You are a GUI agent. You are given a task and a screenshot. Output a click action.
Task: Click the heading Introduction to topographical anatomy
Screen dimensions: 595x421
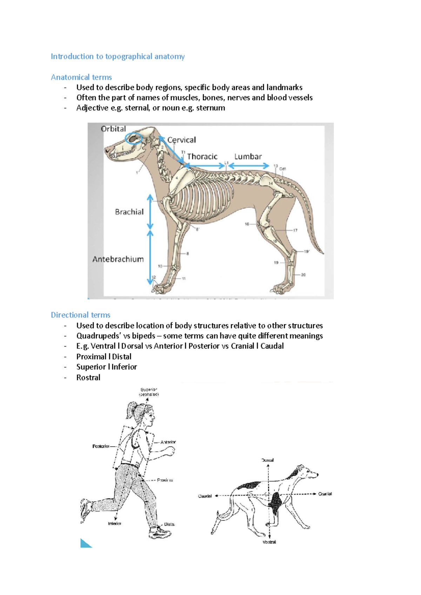[118, 56]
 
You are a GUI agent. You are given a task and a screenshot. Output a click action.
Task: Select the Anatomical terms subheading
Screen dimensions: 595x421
[81, 77]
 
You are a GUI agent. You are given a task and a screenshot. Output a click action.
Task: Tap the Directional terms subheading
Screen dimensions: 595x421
[81, 315]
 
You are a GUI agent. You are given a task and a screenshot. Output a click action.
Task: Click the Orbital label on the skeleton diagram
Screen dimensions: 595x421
[113, 129]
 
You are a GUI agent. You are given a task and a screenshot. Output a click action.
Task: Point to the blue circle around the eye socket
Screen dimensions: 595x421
[134, 139]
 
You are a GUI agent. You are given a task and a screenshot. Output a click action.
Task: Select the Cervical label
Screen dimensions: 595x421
[181, 140]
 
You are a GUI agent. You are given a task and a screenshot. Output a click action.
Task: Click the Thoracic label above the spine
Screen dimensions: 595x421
[202, 157]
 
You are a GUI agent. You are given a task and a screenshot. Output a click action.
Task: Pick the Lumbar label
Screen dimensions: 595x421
[248, 157]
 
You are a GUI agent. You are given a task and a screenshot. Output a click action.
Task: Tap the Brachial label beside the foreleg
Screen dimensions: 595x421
[129, 212]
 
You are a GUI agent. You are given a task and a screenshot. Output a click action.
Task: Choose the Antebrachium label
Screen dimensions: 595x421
[118, 259]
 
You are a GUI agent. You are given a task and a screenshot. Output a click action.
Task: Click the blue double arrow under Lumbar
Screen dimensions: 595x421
[248, 166]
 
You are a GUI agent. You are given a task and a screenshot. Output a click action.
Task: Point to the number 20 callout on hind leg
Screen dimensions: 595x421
[303, 275]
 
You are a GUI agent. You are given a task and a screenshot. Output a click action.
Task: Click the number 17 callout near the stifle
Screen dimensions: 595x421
[295, 230]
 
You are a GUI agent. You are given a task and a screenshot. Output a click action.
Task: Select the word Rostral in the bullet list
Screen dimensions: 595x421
[88, 377]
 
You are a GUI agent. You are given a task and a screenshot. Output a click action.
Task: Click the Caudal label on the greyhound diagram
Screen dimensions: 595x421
[205, 496]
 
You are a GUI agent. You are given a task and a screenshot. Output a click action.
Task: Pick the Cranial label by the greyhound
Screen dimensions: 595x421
[325, 494]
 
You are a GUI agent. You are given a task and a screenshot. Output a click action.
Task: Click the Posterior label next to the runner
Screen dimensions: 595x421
[101, 446]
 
